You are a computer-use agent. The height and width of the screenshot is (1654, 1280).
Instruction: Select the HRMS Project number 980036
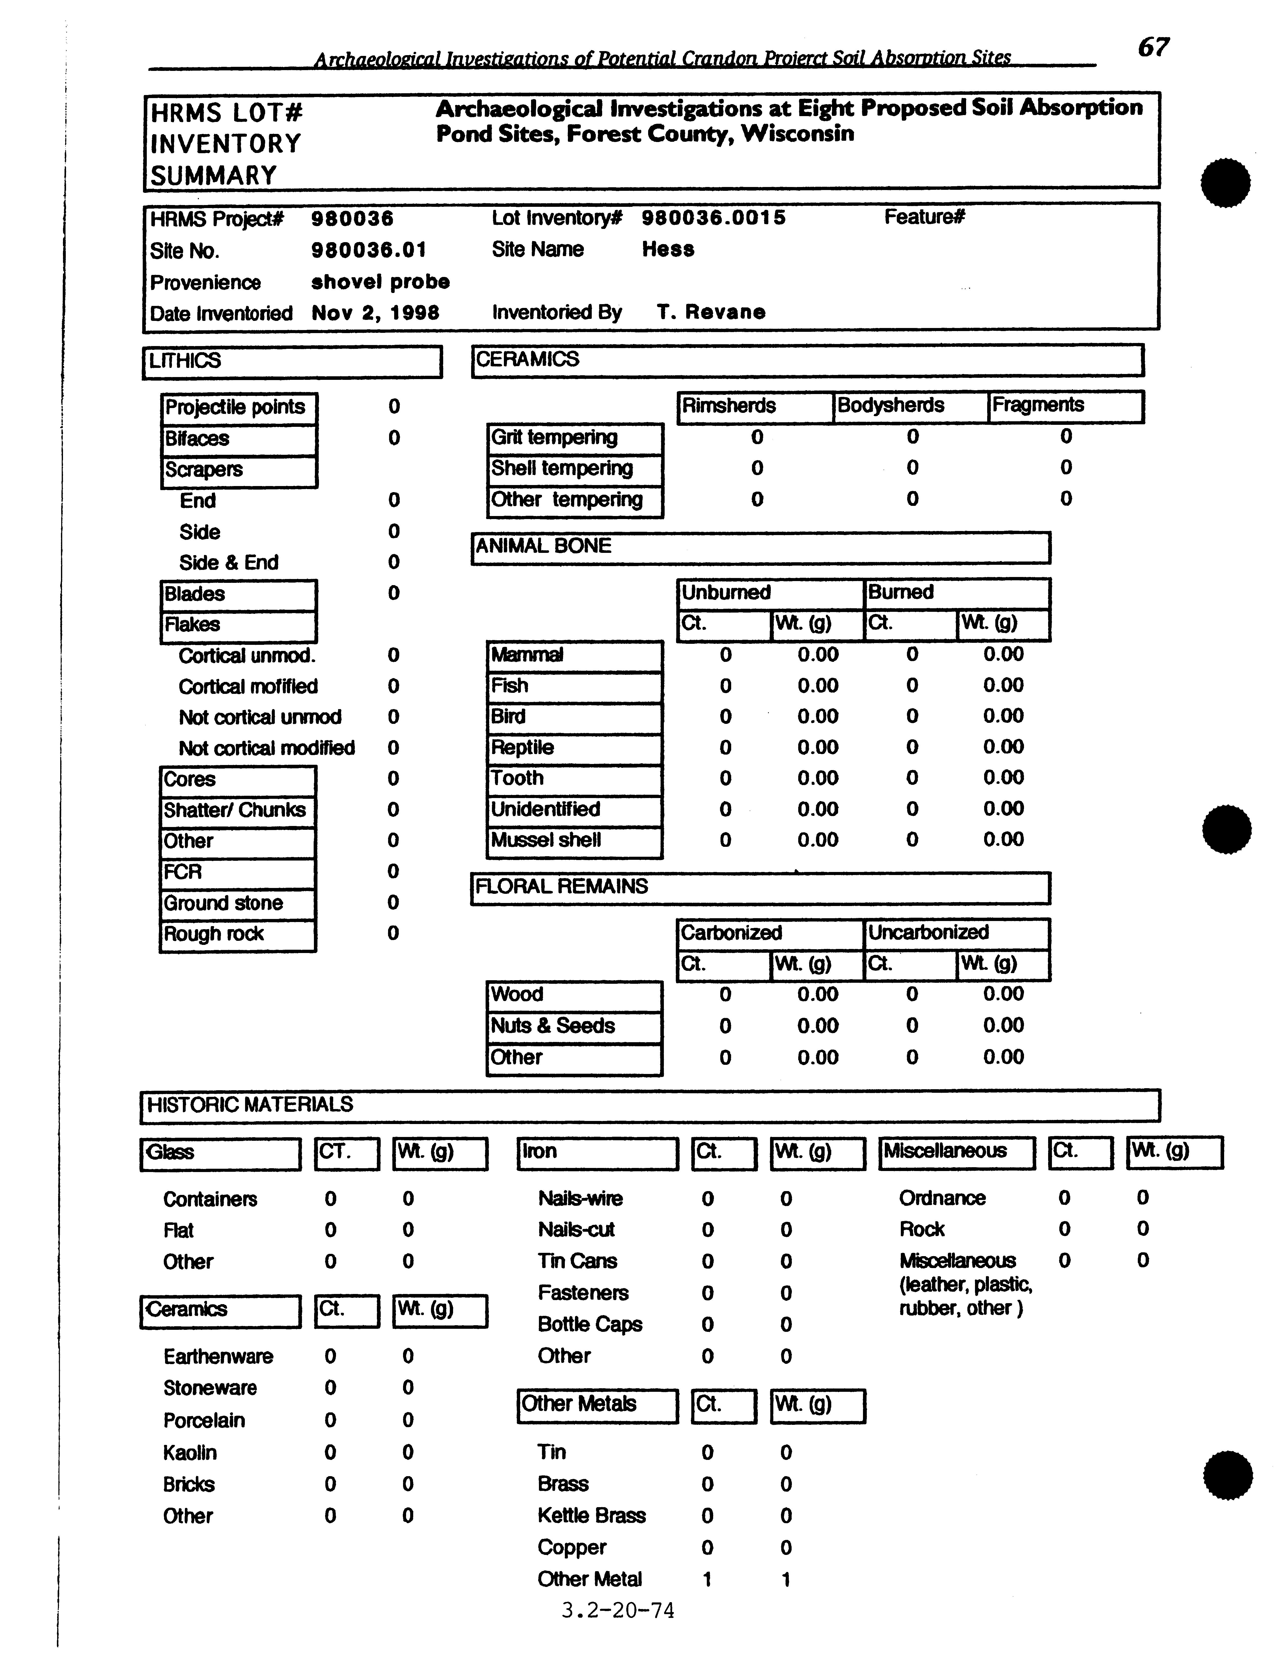[x=352, y=219]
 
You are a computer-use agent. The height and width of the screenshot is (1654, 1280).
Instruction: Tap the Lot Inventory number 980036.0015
[x=713, y=218]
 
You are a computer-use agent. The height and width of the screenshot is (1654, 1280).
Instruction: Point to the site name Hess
[x=668, y=249]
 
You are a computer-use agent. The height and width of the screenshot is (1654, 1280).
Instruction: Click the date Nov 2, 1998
[x=375, y=313]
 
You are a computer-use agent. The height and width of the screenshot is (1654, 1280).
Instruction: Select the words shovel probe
[x=380, y=282]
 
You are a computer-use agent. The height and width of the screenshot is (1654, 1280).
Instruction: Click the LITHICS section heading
[x=185, y=361]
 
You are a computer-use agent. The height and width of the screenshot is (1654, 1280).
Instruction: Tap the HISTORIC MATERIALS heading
[x=250, y=1104]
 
